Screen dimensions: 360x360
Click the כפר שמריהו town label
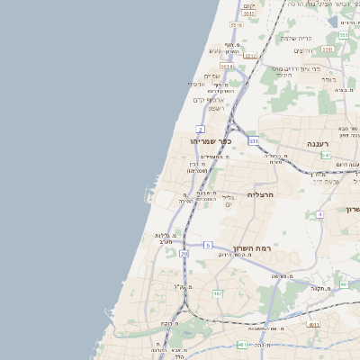tap(211, 141)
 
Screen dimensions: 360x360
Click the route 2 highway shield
tap(200, 130)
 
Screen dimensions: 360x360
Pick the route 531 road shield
tap(254, 141)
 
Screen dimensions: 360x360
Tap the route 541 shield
tap(325, 155)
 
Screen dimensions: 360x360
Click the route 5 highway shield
tap(208, 245)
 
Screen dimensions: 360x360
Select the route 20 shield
tap(184, 255)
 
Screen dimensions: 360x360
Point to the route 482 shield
tap(217, 293)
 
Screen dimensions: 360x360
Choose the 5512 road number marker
tap(250, 56)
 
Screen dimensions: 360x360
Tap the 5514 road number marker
tap(227, 66)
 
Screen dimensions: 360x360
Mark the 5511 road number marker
tap(345, 34)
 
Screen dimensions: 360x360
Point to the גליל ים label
tap(228, 202)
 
